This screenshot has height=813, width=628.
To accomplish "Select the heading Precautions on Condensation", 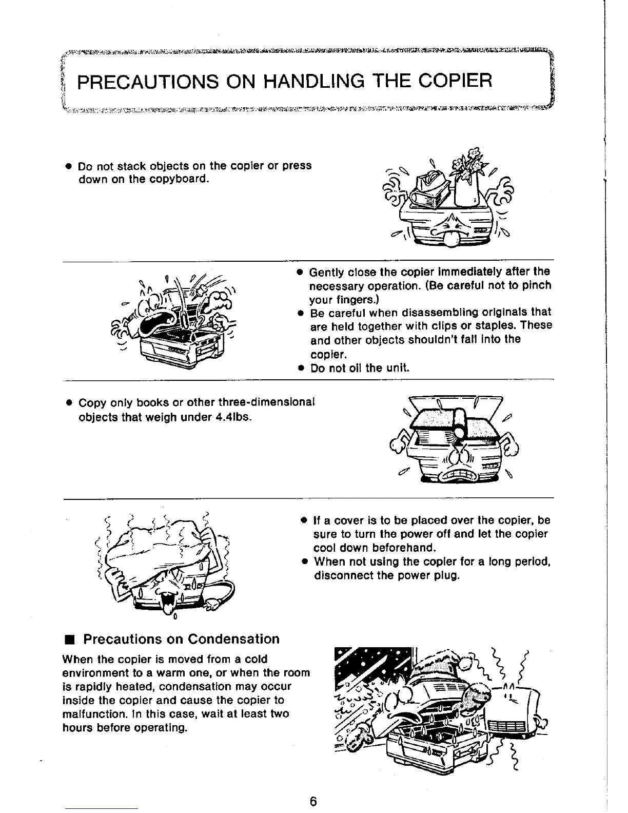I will click(x=181, y=639).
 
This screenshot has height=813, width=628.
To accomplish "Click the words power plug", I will click(x=429, y=575).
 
